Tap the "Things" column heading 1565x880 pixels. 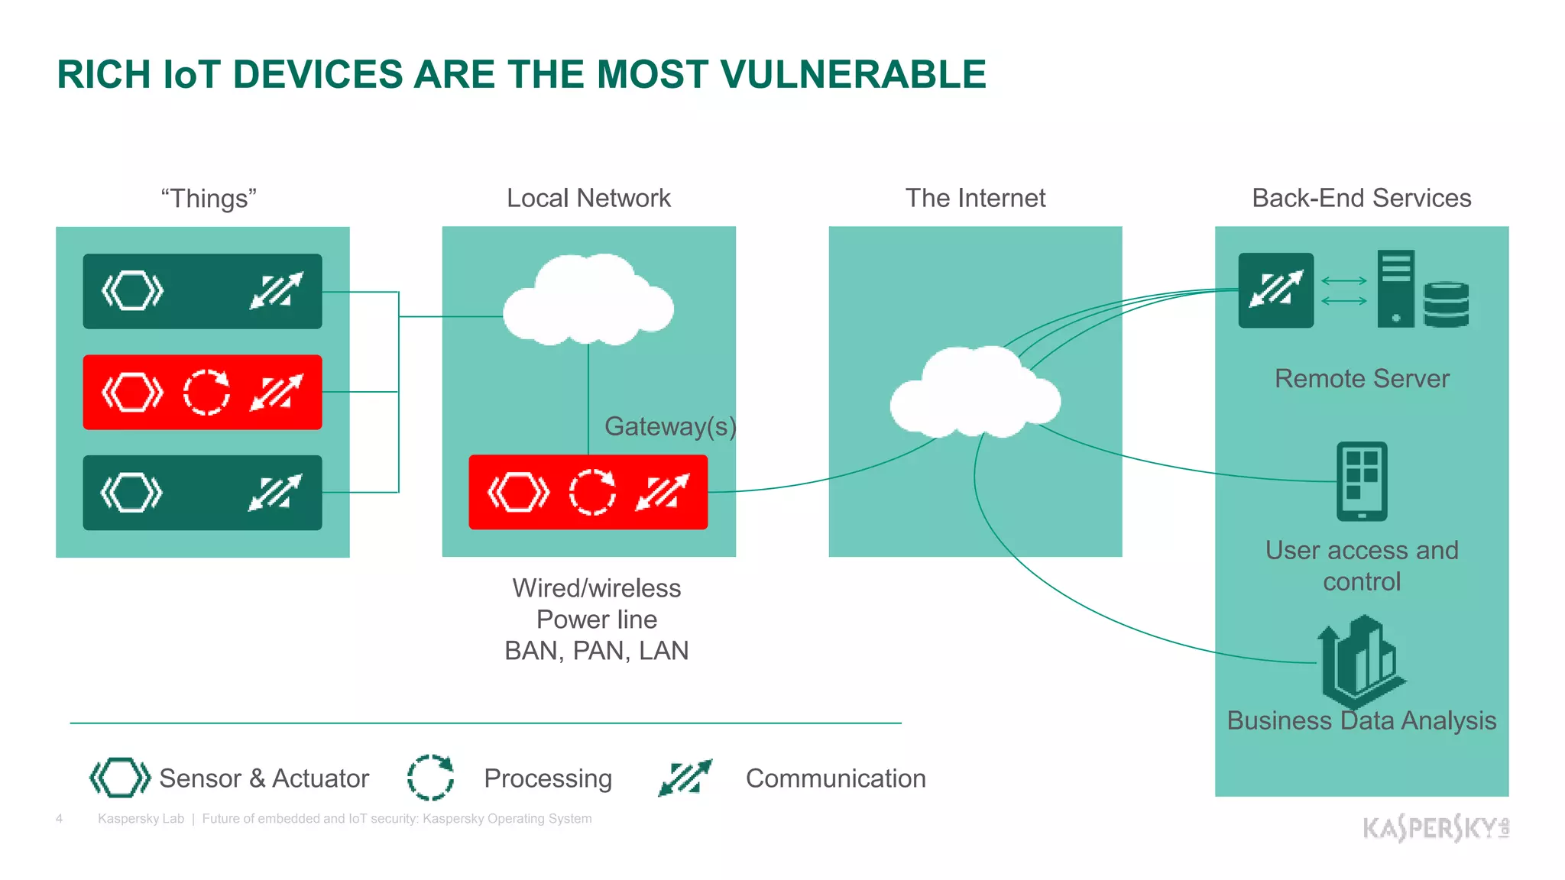[209, 199]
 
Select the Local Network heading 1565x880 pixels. [588, 199]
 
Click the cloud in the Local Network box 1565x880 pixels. [588, 302]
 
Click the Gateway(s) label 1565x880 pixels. [669, 426]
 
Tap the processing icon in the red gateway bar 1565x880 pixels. [592, 492]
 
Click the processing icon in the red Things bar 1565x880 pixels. [206, 393]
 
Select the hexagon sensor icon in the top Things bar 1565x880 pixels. [133, 291]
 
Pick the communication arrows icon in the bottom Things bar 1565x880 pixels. [275, 493]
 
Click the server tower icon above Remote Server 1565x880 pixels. [1395, 289]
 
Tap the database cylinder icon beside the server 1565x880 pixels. [1446, 304]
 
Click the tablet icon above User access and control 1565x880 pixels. [1362, 481]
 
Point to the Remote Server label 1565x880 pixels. [1362, 379]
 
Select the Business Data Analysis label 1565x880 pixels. [1361, 721]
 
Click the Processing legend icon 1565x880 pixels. [430, 778]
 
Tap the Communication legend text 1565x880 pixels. [835, 778]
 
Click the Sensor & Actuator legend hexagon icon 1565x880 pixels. [120, 778]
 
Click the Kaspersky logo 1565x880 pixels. [1435, 827]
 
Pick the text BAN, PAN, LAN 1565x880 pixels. [596, 651]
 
